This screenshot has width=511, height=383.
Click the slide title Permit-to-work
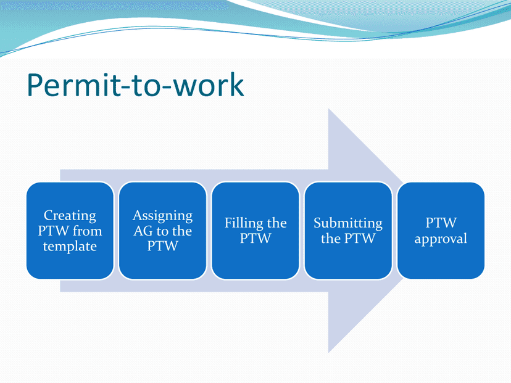point(135,86)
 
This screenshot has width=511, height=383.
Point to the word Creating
point(70,216)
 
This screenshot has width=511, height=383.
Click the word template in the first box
point(70,247)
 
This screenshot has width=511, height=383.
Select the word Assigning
point(163,216)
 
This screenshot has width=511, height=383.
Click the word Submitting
point(348,223)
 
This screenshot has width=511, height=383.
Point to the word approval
point(441,239)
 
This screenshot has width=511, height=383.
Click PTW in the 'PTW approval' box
point(441,223)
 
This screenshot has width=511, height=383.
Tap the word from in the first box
point(88,231)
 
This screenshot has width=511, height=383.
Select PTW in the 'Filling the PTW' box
point(255,239)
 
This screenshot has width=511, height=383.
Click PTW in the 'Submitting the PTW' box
point(360,239)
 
